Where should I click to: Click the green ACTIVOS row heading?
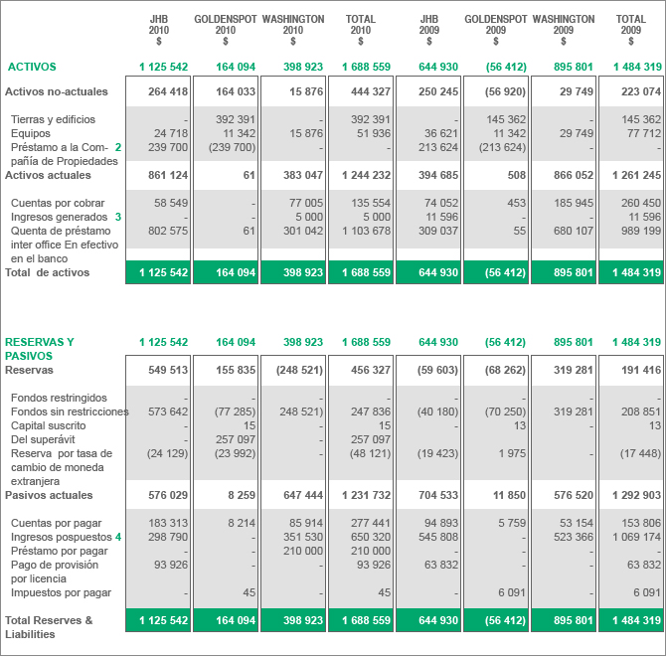tap(32, 67)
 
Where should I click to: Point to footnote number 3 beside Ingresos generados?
tap(117, 217)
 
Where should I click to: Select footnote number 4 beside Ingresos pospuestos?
tap(117, 537)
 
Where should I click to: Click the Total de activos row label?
tap(47, 272)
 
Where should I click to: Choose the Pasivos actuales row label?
tap(49, 495)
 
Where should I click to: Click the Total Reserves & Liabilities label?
tap(49, 626)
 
